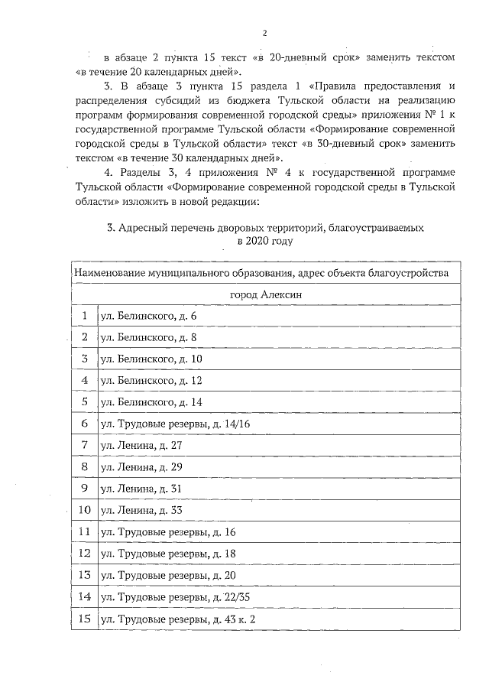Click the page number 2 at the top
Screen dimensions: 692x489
[264, 33]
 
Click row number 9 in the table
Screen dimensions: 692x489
[84, 487]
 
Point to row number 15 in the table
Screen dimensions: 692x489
[84, 617]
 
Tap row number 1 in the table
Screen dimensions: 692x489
[84, 316]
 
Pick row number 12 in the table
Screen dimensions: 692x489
[84, 552]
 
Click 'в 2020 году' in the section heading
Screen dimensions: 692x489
[264, 241]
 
